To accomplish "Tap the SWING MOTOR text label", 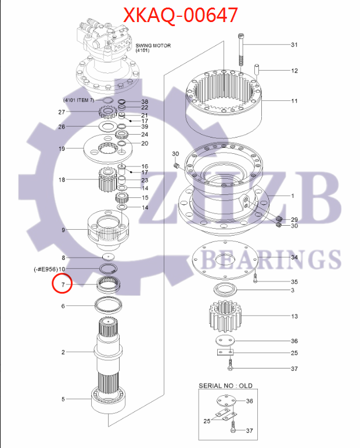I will [153, 45].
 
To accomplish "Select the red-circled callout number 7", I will [63, 284].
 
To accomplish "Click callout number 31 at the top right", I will [294, 45].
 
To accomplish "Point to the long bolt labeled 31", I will [241, 52].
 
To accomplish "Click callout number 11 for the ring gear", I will [294, 101].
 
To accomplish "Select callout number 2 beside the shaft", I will [63, 352].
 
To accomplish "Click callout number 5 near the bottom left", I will [63, 399].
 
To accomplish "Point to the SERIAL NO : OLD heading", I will [225, 385].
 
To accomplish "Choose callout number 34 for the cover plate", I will [294, 257].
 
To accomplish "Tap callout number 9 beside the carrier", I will [63, 230].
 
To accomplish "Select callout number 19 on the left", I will [62, 149].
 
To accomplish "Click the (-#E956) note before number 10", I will [45, 269].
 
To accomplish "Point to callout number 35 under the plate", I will [294, 281].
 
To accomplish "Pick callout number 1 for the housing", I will [293, 196].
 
